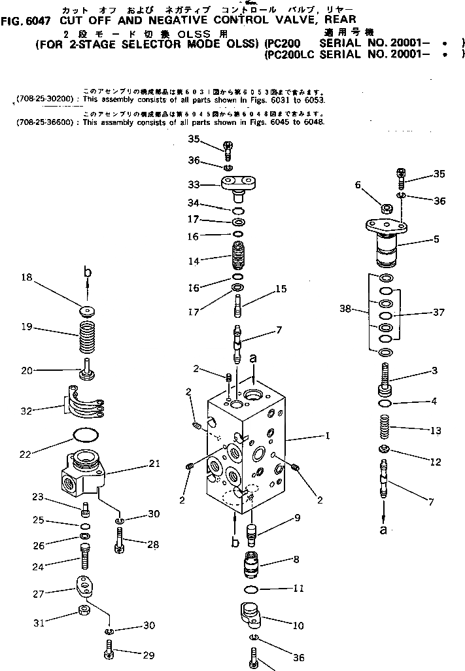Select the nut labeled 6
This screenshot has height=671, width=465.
point(387,209)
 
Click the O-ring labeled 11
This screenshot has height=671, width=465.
point(249,589)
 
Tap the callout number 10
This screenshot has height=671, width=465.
point(298,625)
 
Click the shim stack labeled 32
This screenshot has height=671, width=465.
point(84,404)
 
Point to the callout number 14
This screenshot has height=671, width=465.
point(193,261)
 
